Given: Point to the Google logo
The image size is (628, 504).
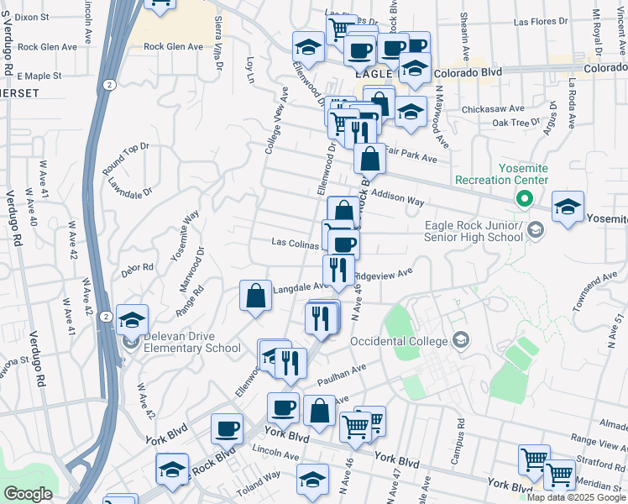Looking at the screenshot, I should [28, 494].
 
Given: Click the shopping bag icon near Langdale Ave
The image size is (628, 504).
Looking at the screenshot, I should [255, 297].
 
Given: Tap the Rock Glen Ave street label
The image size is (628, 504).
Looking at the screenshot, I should [174, 47].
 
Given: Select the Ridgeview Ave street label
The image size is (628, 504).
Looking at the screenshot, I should [384, 274].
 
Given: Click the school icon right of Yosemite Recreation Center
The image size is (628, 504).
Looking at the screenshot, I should [568, 207].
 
